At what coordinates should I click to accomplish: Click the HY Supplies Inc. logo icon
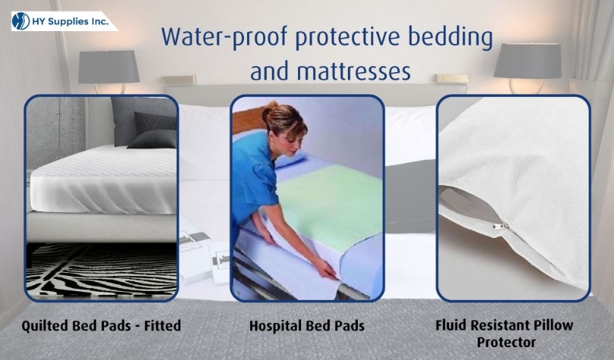click(x=21, y=21)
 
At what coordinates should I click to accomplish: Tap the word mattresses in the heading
click(x=330, y=71)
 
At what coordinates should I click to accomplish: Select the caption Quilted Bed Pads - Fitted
click(x=102, y=327)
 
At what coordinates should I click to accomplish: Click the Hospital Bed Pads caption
click(x=307, y=327)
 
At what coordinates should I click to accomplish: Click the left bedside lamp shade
click(x=109, y=67)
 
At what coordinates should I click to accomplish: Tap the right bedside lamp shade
click(x=528, y=60)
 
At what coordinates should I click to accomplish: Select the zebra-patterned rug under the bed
click(x=102, y=268)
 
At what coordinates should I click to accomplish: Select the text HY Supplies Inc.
click(x=75, y=22)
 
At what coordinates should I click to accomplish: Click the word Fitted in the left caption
click(x=164, y=327)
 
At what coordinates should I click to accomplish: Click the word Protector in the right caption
click(x=506, y=343)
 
